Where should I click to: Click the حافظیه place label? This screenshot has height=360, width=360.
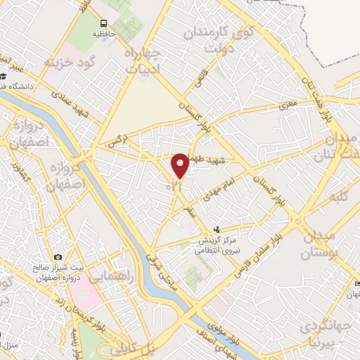[104, 33]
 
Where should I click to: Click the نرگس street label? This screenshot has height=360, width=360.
[115, 143]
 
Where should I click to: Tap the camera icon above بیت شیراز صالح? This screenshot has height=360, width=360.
[58, 257]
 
